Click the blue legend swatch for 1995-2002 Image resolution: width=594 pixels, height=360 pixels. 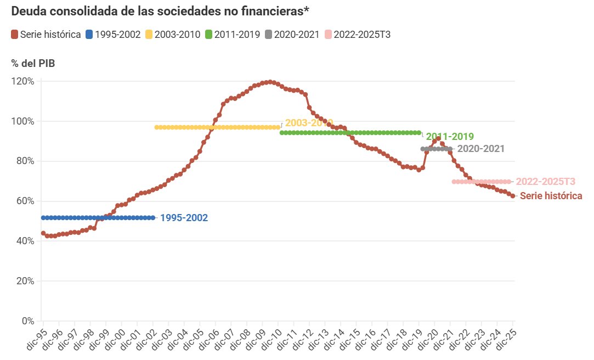[89, 35]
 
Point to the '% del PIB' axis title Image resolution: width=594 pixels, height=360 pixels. [33, 63]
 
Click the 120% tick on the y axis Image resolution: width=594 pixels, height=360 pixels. [23, 81]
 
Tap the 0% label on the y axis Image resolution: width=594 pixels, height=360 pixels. [27, 320]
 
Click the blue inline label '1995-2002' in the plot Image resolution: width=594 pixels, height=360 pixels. [184, 218]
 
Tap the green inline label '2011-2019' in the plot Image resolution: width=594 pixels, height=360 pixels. [449, 137]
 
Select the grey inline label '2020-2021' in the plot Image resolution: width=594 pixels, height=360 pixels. [480, 149]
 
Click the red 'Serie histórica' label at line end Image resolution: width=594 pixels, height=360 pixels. [551, 196]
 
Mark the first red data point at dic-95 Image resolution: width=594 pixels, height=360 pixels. [43, 233]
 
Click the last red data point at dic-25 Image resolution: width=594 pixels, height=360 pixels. [513, 196]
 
